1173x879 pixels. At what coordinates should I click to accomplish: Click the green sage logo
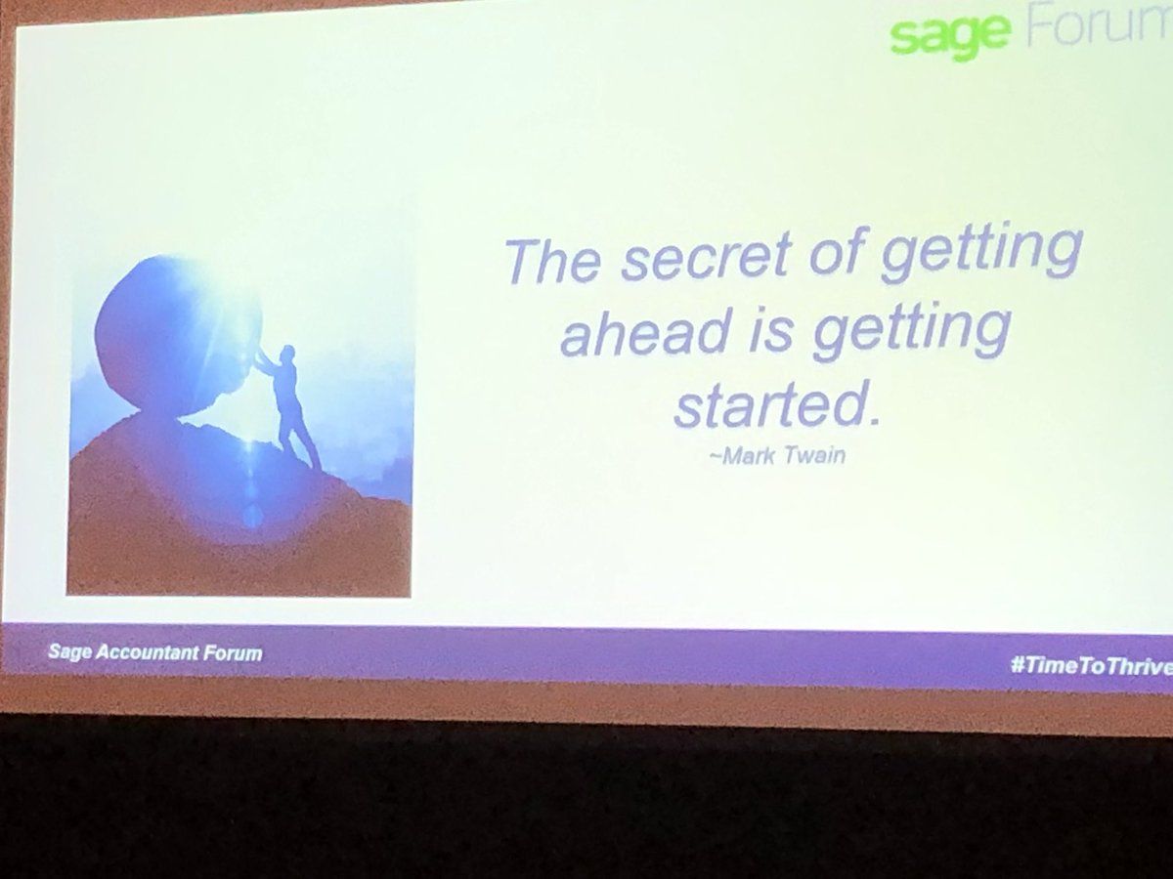coord(950,35)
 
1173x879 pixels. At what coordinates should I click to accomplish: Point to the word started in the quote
coord(769,404)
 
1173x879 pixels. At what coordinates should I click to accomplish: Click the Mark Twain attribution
coord(777,456)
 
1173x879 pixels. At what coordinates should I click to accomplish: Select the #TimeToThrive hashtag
coord(1091,665)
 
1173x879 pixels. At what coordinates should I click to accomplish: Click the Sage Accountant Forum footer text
coord(155,652)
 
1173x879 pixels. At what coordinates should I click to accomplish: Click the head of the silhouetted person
coord(288,353)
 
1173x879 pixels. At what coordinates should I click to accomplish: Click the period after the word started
coord(873,420)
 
